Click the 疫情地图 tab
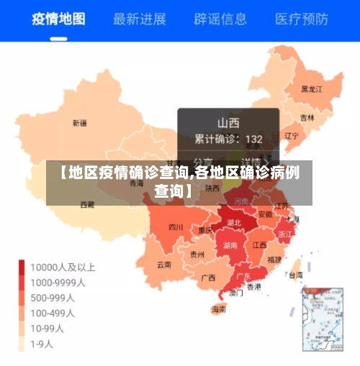[58, 19]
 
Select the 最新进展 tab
[140, 19]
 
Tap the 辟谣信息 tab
[221, 19]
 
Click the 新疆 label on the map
[79, 124]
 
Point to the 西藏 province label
[86, 205]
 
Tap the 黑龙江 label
[312, 89]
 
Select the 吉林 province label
[307, 117]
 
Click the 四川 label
[176, 227]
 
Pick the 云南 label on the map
[164, 264]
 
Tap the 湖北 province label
[234, 222]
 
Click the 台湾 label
[295, 274]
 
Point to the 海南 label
[218, 310]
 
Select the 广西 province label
[208, 277]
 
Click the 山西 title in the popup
[228, 122]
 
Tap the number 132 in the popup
[253, 138]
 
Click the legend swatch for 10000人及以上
[22, 267]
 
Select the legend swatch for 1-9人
[22, 344]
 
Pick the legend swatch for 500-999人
[22, 298]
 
